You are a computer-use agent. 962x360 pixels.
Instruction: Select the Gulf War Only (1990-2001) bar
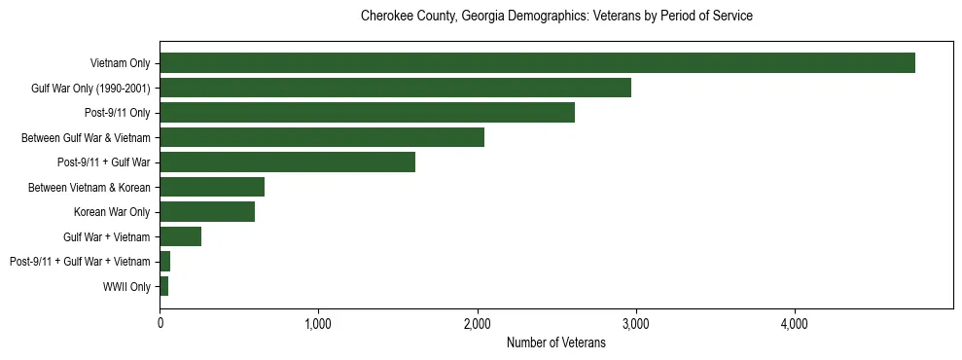[x=395, y=88]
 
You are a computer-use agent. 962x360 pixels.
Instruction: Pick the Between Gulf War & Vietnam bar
[x=322, y=137]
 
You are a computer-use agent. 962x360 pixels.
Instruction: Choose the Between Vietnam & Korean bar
[x=212, y=187]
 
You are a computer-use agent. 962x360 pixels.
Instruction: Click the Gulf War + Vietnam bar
[x=180, y=236]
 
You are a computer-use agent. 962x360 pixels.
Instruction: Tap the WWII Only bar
[x=164, y=286]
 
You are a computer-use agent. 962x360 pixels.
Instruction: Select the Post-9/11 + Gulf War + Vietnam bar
[x=165, y=262]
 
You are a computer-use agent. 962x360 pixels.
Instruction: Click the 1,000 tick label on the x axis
[x=318, y=324]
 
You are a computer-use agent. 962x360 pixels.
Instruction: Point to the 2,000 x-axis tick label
[x=477, y=324]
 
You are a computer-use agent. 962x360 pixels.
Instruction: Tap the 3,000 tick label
[x=635, y=324]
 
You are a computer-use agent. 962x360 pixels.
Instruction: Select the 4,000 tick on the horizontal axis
[x=794, y=324]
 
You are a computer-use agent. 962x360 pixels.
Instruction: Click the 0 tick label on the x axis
[x=160, y=324]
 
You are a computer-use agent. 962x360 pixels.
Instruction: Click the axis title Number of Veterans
[x=556, y=342]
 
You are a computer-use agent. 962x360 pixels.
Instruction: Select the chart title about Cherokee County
[x=556, y=17]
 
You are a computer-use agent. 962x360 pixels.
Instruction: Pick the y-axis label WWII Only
[x=126, y=286]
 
